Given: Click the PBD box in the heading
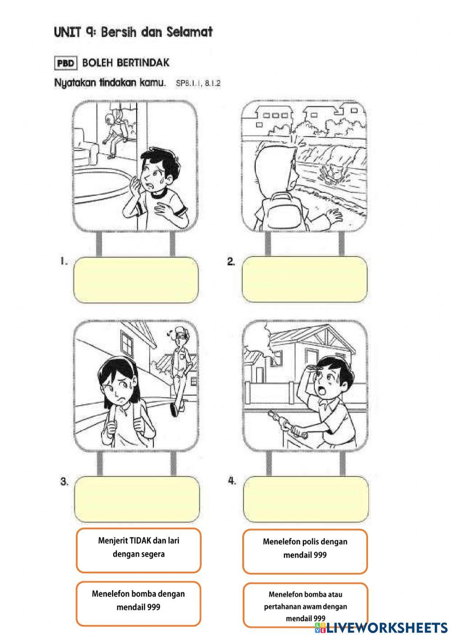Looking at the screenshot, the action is pos(66,63).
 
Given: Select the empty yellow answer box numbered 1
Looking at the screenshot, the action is pos(136,280).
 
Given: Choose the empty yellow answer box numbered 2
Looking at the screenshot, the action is pos(304,279).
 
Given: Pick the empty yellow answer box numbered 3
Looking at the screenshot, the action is pos(137,500).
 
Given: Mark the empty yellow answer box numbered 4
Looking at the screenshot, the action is pos(306,500).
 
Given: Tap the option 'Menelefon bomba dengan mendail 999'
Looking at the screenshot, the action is pos(138,604).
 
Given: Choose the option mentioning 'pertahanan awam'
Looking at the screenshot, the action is pos(306,605).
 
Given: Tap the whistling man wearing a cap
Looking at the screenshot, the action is pos(179,372).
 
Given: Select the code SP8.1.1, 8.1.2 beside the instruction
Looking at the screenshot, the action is pos(198,83).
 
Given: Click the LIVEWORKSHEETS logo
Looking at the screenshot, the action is pos(381,628).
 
